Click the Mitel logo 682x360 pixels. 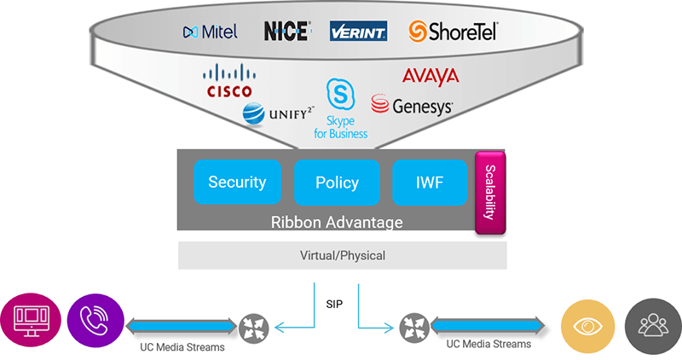coord(210,32)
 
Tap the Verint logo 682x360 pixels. coord(358,32)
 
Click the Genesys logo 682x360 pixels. coord(413,106)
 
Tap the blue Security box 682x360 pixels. coord(237,182)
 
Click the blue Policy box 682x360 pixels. coord(337,183)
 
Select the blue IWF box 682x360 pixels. coord(430,182)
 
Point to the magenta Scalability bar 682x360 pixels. coord(490,193)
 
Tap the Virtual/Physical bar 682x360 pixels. coord(342,255)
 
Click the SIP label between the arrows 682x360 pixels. coord(336,304)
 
